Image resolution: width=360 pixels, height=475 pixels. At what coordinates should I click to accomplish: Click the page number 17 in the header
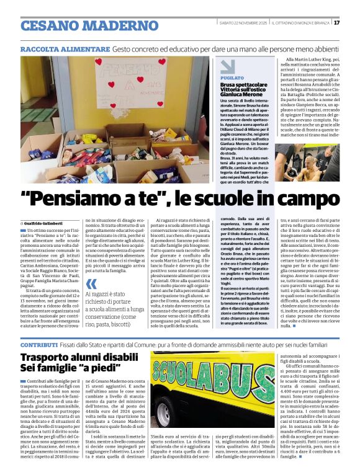pos(336,23)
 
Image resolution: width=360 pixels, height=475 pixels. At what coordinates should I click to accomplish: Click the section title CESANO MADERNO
pos(81,25)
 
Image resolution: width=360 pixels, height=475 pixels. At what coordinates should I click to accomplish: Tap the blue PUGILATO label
pos(231,78)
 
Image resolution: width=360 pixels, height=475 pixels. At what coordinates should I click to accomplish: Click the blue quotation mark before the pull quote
pos(91,283)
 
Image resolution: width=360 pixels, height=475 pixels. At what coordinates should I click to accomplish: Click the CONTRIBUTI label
pos(40,344)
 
